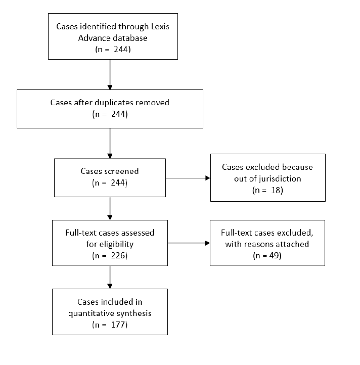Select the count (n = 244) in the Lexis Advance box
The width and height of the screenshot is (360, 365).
(110, 50)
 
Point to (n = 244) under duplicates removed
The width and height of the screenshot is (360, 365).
(110, 114)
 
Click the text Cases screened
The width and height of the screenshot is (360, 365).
(110, 170)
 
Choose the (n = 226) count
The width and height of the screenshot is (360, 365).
(110, 255)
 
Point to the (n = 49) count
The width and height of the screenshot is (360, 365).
(267, 255)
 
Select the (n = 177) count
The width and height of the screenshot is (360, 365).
(110, 325)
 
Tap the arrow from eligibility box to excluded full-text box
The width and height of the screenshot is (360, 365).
(188, 243)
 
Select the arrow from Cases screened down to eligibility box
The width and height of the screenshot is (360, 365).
(110, 208)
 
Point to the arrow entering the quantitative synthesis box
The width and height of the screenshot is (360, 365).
(110, 277)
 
